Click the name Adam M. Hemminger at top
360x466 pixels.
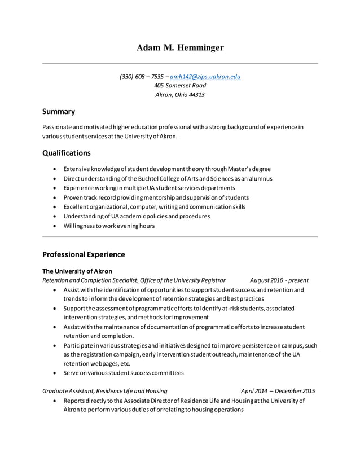click(x=180, y=48)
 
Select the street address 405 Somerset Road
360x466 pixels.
click(x=180, y=85)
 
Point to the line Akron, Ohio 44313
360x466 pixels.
click(x=180, y=95)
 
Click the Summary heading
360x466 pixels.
click(x=59, y=112)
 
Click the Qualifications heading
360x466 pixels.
click(x=67, y=153)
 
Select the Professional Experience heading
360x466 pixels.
click(x=84, y=254)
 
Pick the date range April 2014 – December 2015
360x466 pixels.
click(x=278, y=391)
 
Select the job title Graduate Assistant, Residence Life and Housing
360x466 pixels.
click(x=104, y=391)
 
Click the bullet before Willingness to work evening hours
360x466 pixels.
click(x=54, y=226)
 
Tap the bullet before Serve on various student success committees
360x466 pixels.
click(x=54, y=373)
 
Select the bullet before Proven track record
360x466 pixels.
click(x=54, y=197)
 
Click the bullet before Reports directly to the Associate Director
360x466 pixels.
click(x=54, y=401)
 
